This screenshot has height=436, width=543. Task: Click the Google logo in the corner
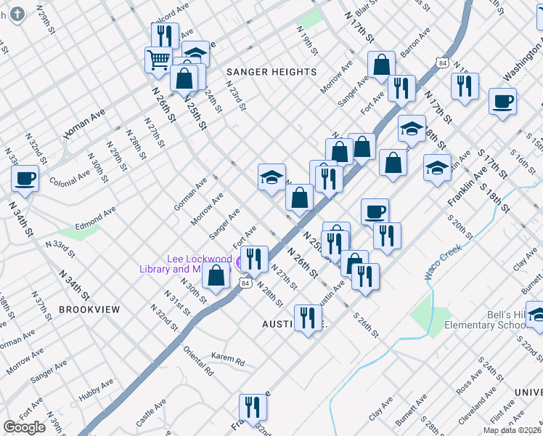tap(24, 427)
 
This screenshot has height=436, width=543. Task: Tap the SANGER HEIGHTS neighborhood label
tap(271, 72)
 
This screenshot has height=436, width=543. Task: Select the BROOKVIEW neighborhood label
tap(89, 309)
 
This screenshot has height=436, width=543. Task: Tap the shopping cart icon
tap(158, 60)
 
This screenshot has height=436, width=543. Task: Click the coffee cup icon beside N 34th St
tap(25, 179)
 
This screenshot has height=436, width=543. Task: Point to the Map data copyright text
tap(511, 430)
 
